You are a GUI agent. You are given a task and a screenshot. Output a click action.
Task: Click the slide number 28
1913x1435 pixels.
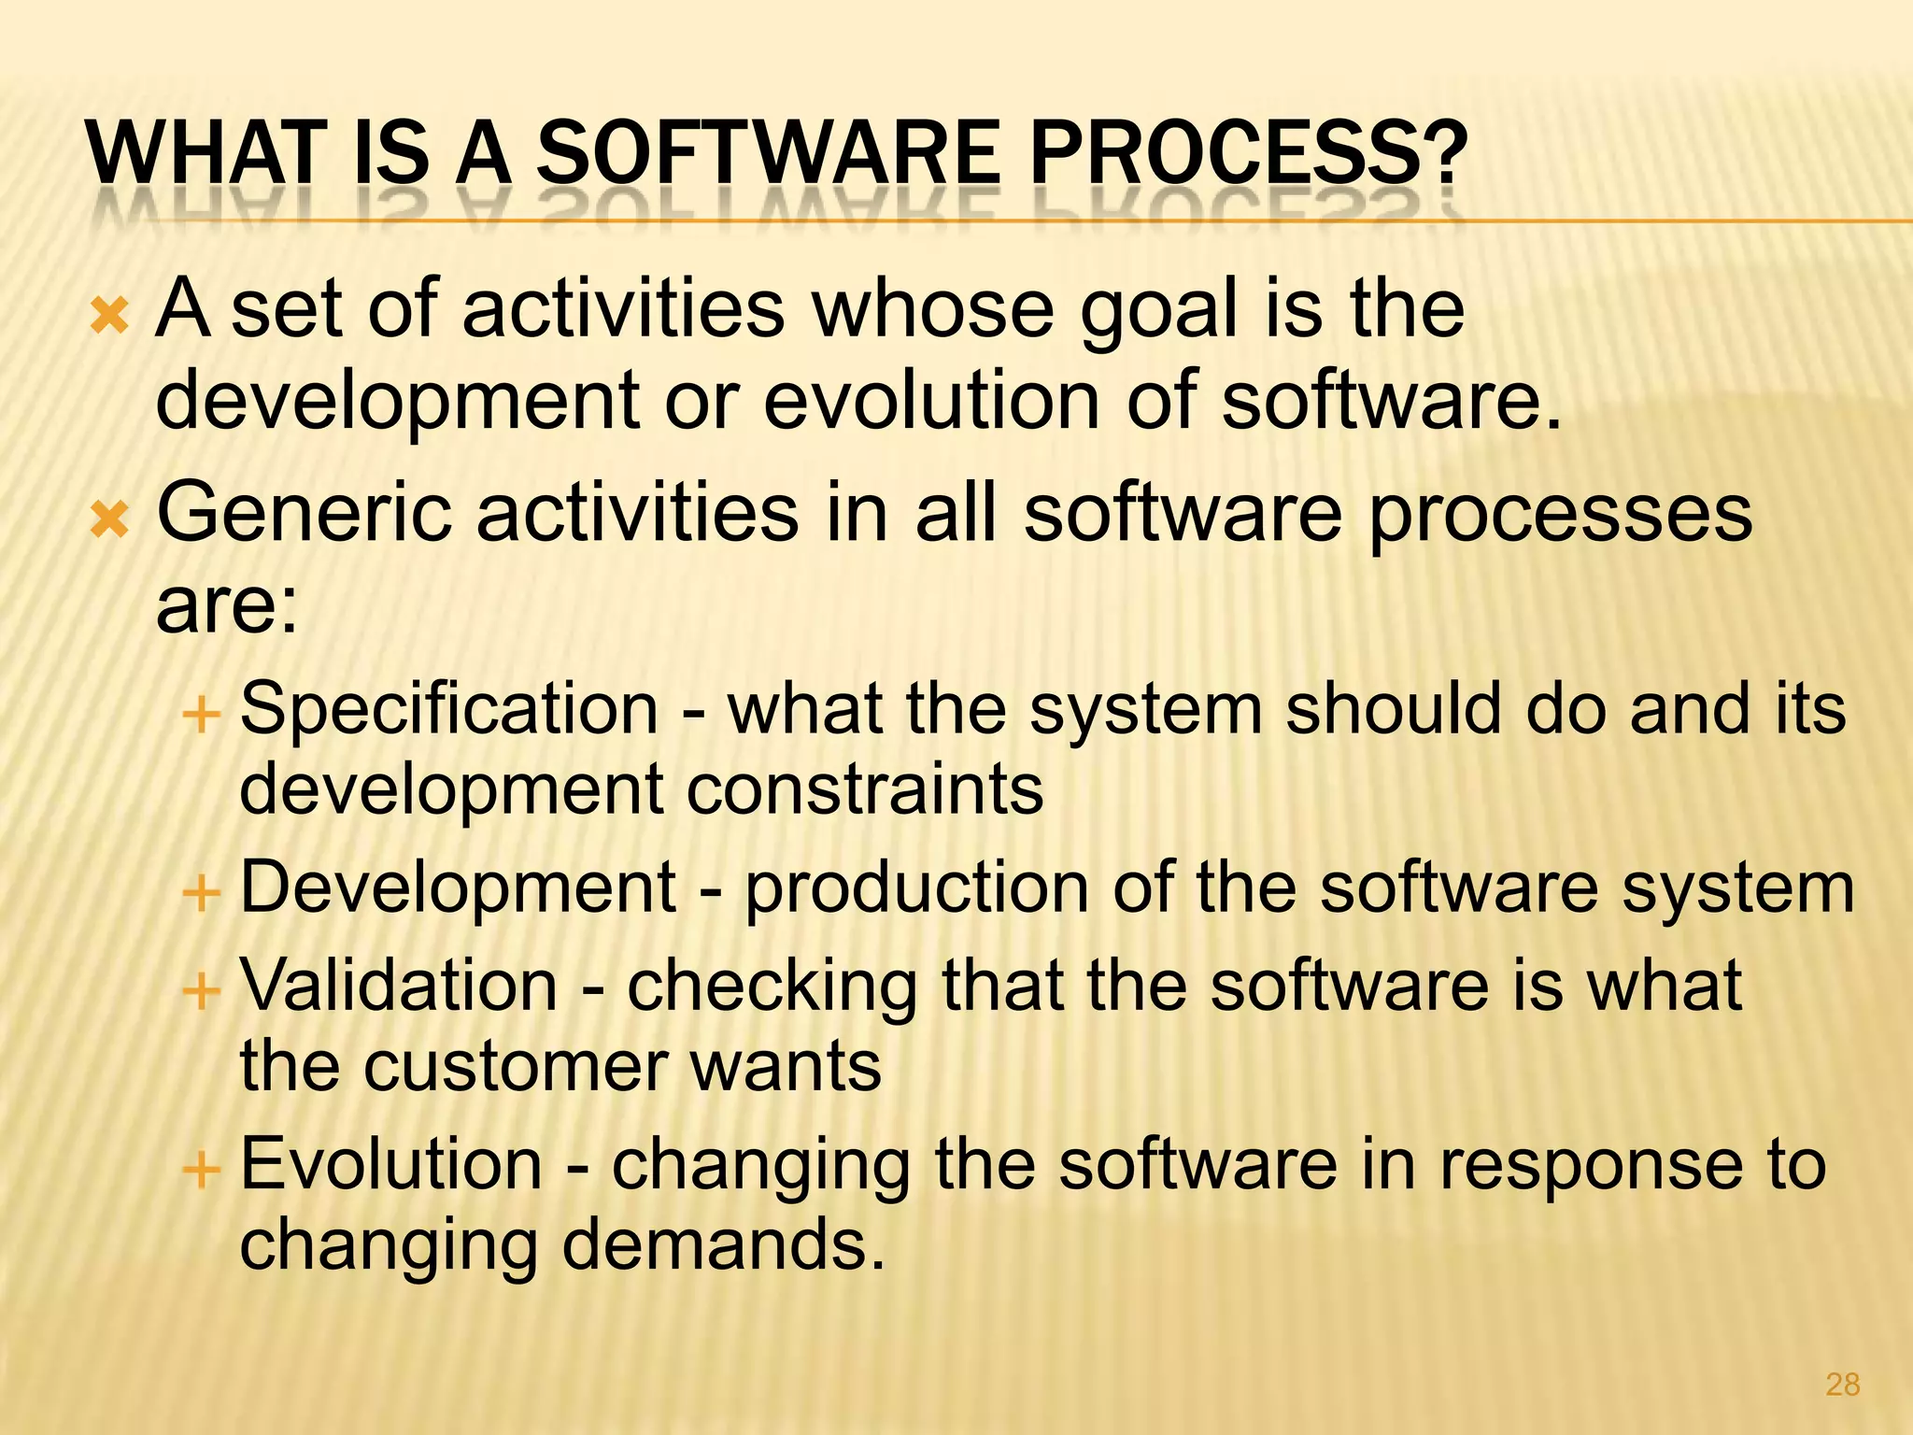(1842, 1385)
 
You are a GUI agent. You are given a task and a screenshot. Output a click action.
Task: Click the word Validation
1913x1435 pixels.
(400, 986)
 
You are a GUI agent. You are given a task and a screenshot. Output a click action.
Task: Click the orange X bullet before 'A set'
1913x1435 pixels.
(109, 319)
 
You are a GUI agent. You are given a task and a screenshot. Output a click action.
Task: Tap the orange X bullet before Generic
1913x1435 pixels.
(109, 519)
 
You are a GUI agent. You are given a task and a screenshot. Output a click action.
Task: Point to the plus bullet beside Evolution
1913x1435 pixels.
(201, 1169)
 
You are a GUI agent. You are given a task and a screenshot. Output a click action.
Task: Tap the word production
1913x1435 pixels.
(915, 889)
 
